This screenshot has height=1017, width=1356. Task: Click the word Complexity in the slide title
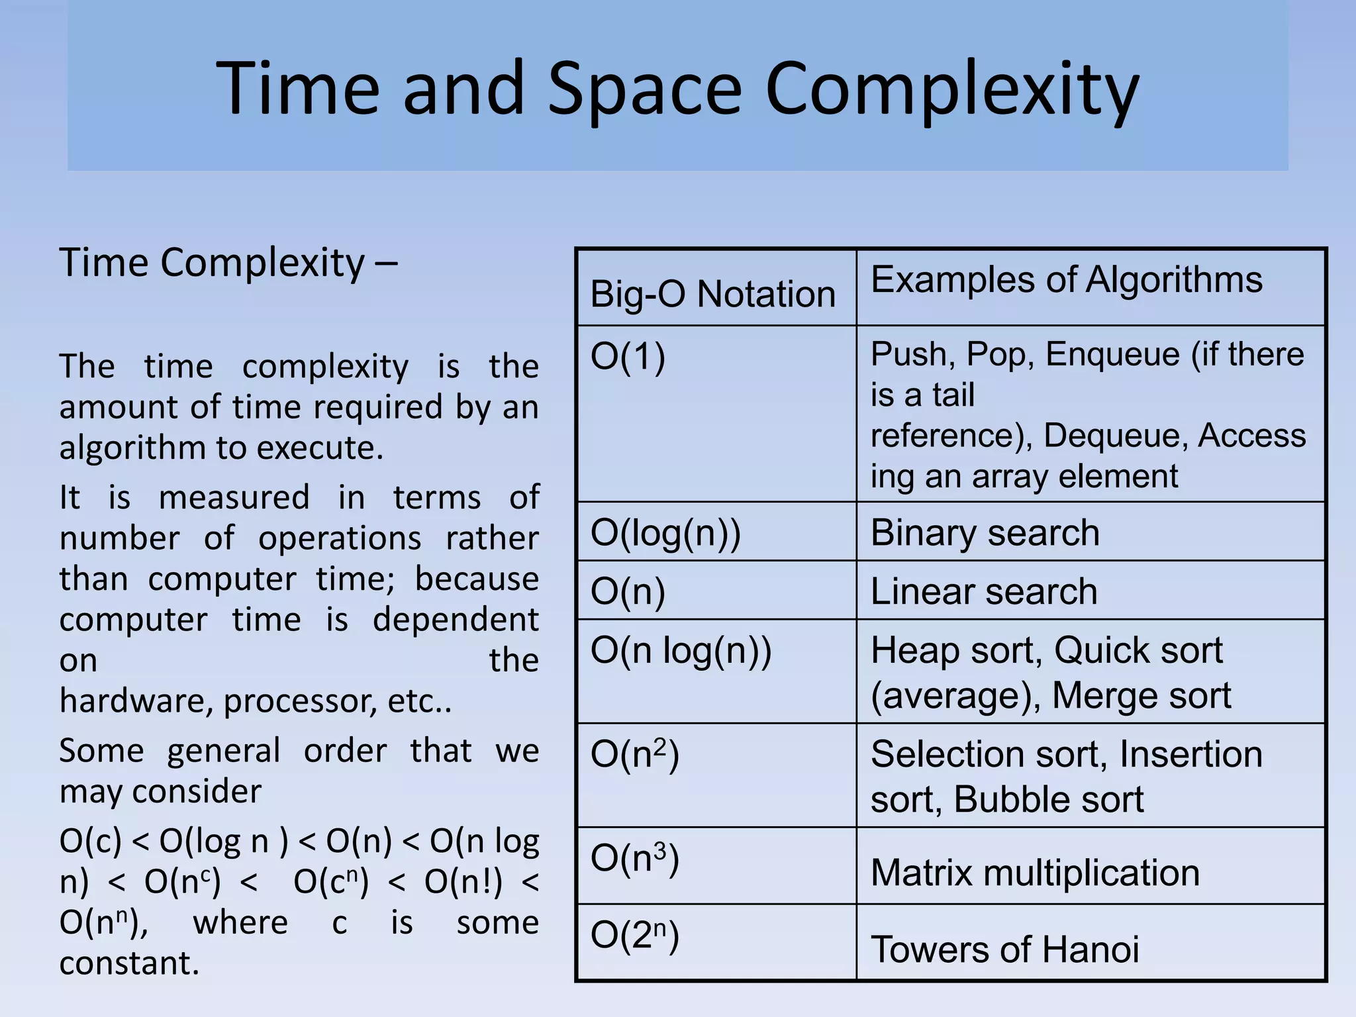pos(951,89)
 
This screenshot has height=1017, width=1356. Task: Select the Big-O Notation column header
pos(712,294)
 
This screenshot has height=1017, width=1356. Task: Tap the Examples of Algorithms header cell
pos(1066,279)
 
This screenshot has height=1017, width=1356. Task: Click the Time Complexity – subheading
pos(228,263)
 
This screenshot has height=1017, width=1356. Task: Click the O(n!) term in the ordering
pos(463,882)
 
